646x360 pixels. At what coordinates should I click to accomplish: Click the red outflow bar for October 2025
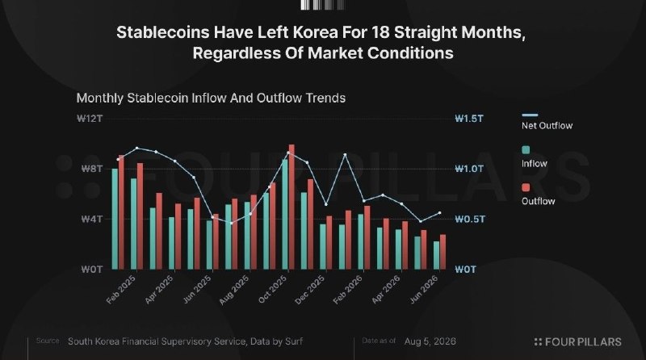pyautogui.click(x=292, y=207)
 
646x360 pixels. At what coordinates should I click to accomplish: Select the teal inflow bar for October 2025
pyautogui.click(x=285, y=215)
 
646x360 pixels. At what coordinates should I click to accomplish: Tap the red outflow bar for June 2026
pyautogui.click(x=443, y=252)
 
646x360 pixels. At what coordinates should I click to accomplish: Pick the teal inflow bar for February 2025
pyautogui.click(x=134, y=224)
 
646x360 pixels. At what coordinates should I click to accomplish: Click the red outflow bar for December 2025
pyautogui.click(x=329, y=243)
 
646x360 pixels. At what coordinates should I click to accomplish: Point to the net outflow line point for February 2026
pyautogui.click(x=364, y=201)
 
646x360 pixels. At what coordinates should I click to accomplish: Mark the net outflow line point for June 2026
pyautogui.click(x=439, y=213)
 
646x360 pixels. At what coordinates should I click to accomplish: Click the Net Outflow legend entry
pyautogui.click(x=547, y=122)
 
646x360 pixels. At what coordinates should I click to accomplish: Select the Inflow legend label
pyautogui.click(x=535, y=164)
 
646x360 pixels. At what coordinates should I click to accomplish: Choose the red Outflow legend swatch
pyautogui.click(x=526, y=188)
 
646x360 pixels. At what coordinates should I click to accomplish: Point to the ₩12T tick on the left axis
pyautogui.click(x=90, y=119)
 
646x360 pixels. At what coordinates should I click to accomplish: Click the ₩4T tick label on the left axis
pyautogui.click(x=91, y=219)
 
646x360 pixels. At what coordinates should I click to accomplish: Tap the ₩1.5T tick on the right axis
pyautogui.click(x=469, y=119)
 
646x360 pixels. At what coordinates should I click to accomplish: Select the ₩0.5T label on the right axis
pyautogui.click(x=470, y=219)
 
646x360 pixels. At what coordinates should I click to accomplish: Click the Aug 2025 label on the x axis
pyautogui.click(x=233, y=290)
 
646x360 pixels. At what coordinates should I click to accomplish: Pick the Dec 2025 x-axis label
pyautogui.click(x=310, y=290)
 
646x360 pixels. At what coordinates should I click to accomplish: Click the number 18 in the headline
pyautogui.click(x=380, y=32)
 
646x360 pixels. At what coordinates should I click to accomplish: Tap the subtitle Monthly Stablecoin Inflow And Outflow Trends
pyautogui.click(x=211, y=98)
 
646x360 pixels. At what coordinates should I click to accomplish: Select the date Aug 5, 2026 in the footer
pyautogui.click(x=430, y=341)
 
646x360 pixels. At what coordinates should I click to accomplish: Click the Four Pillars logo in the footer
pyautogui.click(x=577, y=342)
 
